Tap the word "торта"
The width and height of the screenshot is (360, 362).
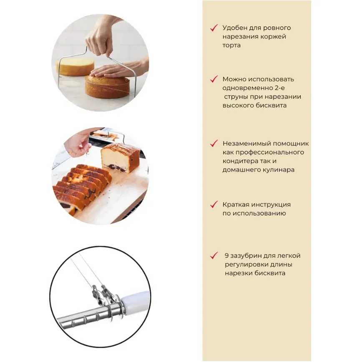click(x=232, y=45)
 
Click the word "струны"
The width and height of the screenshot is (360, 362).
click(x=235, y=97)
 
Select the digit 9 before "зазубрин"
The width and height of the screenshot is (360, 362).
click(x=227, y=256)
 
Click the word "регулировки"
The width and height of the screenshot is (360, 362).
click(x=244, y=265)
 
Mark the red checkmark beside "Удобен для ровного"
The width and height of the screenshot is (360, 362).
click(x=214, y=28)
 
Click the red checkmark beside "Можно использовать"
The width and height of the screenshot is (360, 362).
click(x=214, y=79)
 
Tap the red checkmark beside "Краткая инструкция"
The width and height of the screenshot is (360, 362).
click(x=214, y=204)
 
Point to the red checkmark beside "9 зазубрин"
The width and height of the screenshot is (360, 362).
click(x=214, y=256)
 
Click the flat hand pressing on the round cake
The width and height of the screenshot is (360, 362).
click(x=108, y=72)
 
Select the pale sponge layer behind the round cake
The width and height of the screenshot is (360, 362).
click(x=75, y=66)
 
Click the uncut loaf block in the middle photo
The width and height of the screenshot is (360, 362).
click(x=121, y=158)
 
